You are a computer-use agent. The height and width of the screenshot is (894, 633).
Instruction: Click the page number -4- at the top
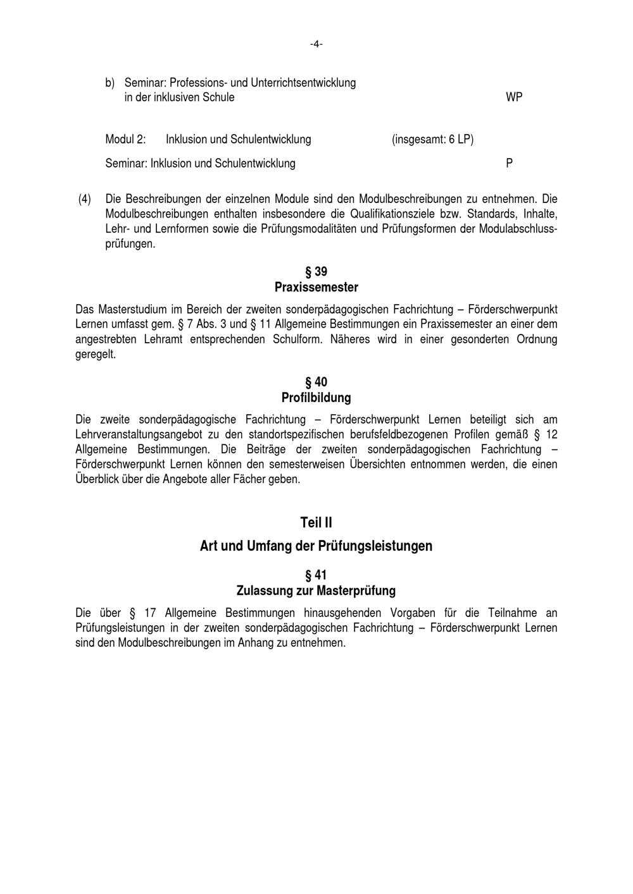point(316,44)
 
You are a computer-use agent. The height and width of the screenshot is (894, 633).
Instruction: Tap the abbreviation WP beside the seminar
point(514,97)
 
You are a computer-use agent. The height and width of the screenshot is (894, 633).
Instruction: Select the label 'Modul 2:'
point(125,139)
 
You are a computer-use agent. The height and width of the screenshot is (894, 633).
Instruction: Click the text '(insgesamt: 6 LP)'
point(432,139)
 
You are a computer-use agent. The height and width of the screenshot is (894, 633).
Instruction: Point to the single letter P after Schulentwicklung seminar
point(510,163)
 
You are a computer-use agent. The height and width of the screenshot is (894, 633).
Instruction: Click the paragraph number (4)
point(84,199)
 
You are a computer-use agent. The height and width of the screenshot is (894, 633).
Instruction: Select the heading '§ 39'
point(316,272)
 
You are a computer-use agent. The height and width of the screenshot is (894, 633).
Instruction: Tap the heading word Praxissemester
point(316,287)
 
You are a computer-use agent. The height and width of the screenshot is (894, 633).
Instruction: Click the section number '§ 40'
point(316,382)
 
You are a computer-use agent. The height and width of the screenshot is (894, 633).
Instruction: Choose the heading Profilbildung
point(316,398)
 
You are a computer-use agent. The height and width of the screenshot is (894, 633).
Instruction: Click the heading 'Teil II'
point(316,523)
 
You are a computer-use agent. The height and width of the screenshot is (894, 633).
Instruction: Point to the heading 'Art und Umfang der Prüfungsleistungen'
point(316,546)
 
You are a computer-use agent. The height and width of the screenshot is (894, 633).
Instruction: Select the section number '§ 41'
point(316,575)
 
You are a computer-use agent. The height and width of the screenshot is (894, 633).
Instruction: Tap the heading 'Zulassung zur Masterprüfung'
point(316,591)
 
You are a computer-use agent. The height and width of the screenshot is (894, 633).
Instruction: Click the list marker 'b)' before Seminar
point(110,83)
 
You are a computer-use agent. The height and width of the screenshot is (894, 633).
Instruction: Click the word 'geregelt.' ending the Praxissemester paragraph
point(96,354)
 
